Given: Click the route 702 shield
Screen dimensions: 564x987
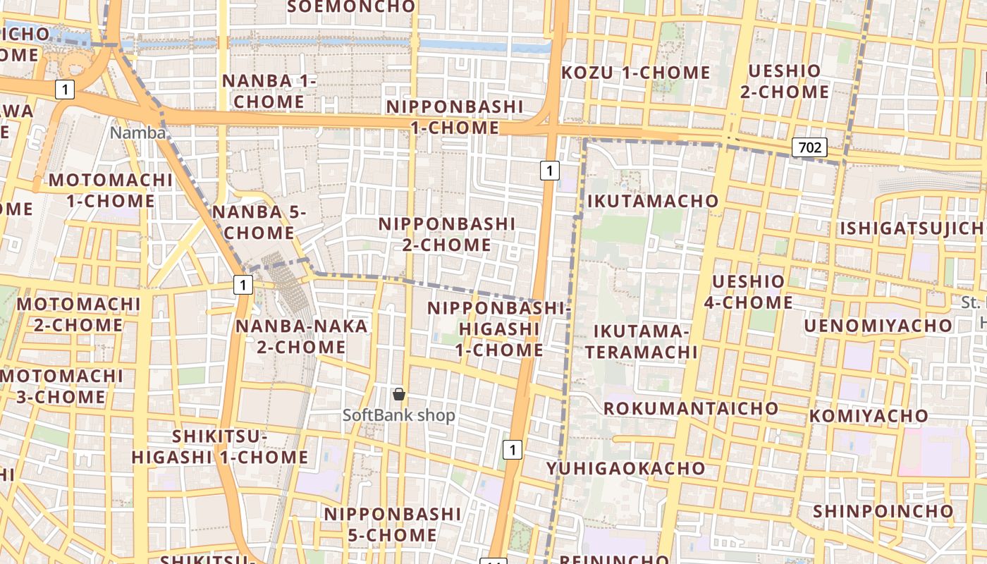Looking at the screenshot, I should [809, 147].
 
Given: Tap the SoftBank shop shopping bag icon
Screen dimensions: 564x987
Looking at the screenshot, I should [399, 395].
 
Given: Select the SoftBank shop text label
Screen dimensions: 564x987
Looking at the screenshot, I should [399, 415].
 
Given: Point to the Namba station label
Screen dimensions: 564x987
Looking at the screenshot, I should [139, 133].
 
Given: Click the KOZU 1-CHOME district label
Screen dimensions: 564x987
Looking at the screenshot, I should [635, 73].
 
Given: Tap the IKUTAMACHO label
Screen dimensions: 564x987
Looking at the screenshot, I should [653, 201].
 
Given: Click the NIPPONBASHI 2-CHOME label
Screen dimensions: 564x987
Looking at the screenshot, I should [447, 234].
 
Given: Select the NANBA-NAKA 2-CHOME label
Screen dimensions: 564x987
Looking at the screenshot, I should [301, 336].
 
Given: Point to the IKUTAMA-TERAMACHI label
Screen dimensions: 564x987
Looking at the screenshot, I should [642, 341].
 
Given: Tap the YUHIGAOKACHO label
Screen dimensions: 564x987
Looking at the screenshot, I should [625, 468].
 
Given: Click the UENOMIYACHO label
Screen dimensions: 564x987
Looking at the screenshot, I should [878, 326].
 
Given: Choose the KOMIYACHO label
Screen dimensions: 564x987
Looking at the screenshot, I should [869, 416].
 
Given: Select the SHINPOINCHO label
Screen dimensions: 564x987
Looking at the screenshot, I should [883, 511].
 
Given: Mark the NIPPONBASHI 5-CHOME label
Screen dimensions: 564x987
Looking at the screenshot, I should [392, 525].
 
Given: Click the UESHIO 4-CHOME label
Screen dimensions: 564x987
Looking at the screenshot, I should [748, 292].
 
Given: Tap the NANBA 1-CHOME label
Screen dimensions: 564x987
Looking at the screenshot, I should [269, 91].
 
